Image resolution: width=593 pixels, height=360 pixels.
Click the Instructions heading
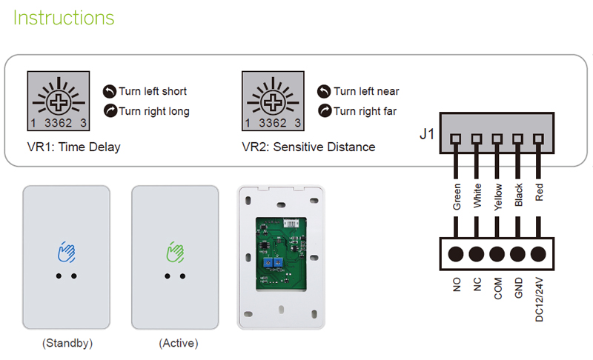click(x=64, y=18)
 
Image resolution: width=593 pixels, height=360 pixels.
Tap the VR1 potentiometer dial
click(x=59, y=100)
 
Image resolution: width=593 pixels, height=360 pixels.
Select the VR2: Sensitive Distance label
click(x=308, y=147)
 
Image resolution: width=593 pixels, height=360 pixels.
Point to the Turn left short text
click(x=153, y=91)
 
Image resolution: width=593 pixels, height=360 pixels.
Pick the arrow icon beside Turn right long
click(x=110, y=111)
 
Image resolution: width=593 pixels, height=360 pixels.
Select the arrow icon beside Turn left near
click(x=324, y=91)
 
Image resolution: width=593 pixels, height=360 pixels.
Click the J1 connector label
click(x=426, y=136)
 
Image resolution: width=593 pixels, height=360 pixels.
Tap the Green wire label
click(x=457, y=197)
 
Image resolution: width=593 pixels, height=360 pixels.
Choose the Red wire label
click(x=540, y=193)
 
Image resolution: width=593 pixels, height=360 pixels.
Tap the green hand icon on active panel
click(x=175, y=253)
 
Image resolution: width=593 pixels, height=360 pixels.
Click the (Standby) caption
click(x=67, y=344)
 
